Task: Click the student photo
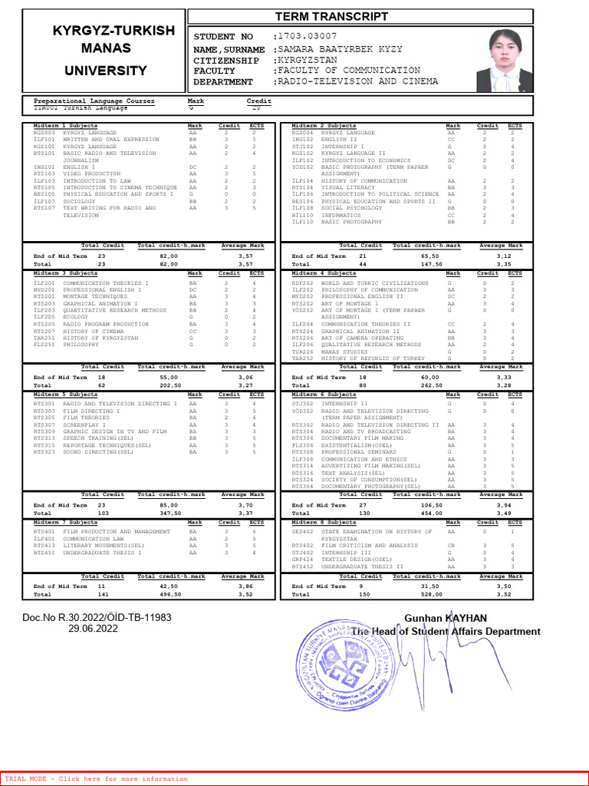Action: point(505,60)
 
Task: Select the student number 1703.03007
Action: point(306,36)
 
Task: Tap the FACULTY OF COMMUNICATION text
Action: point(357,71)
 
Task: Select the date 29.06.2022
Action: point(93,628)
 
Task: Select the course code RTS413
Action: point(44,546)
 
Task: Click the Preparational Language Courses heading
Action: point(94,101)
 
